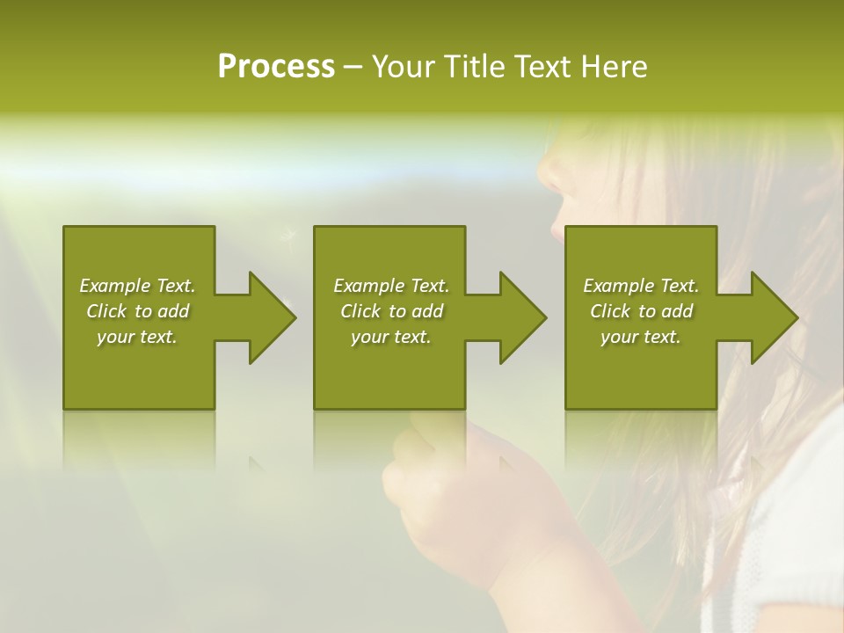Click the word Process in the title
pyautogui.click(x=276, y=67)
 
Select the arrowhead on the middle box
pyautogui.click(x=520, y=317)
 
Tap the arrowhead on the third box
pyautogui.click(x=772, y=317)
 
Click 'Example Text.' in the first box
pyautogui.click(x=137, y=286)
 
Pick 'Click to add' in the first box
pyautogui.click(x=137, y=311)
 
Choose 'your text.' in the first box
pyautogui.click(x=137, y=337)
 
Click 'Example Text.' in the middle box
pyautogui.click(x=391, y=286)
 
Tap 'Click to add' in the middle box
pyautogui.click(x=391, y=311)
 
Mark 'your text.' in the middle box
pyautogui.click(x=391, y=337)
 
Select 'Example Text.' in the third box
pyautogui.click(x=641, y=286)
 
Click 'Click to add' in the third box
pyautogui.click(x=641, y=311)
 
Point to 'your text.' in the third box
pyautogui.click(x=641, y=337)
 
